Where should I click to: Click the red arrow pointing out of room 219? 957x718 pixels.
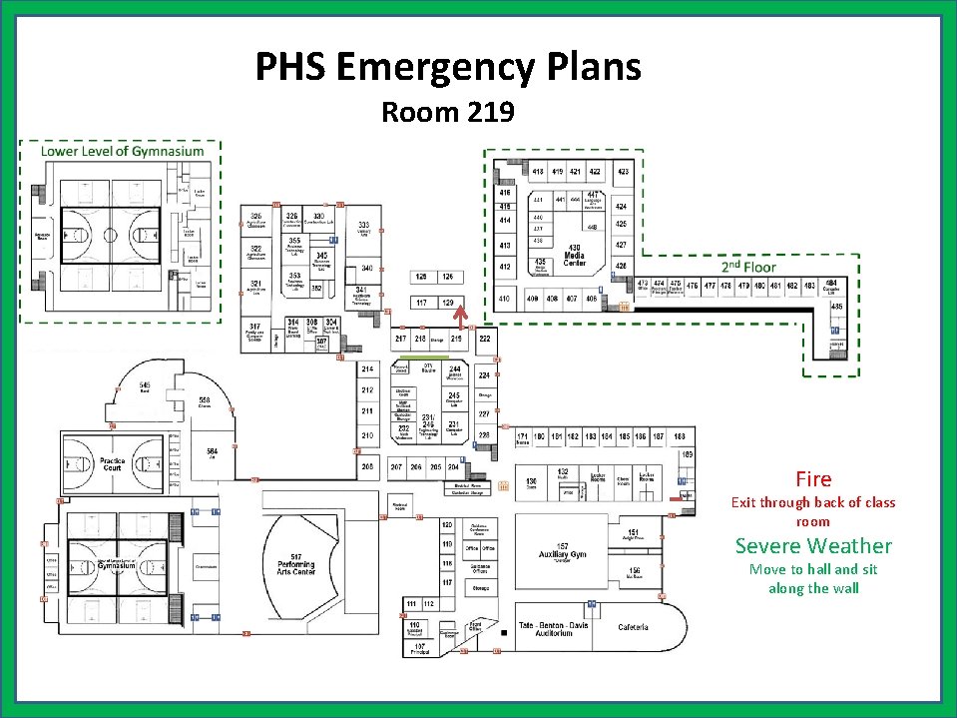(460, 316)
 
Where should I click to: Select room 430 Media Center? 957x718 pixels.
(574, 256)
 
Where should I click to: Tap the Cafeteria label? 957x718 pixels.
(633, 627)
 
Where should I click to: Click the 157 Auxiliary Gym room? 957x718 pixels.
(564, 551)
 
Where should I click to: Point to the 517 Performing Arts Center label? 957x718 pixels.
(296, 563)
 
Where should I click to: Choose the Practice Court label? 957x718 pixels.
(112, 465)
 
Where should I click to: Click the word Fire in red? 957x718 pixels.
(813, 479)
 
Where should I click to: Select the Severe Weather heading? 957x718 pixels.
(813, 545)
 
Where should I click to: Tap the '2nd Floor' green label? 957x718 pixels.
(748, 268)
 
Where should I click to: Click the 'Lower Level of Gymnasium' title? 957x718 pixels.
(122, 152)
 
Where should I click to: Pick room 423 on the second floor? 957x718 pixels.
(623, 172)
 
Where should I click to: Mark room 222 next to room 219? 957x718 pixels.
(485, 340)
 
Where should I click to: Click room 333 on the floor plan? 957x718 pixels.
(365, 229)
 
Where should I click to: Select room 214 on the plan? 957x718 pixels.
(367, 369)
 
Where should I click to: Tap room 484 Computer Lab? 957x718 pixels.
(830, 288)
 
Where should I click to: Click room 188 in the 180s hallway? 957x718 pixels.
(679, 437)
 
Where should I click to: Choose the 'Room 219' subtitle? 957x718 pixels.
(448, 112)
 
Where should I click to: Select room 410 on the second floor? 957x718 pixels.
(505, 299)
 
